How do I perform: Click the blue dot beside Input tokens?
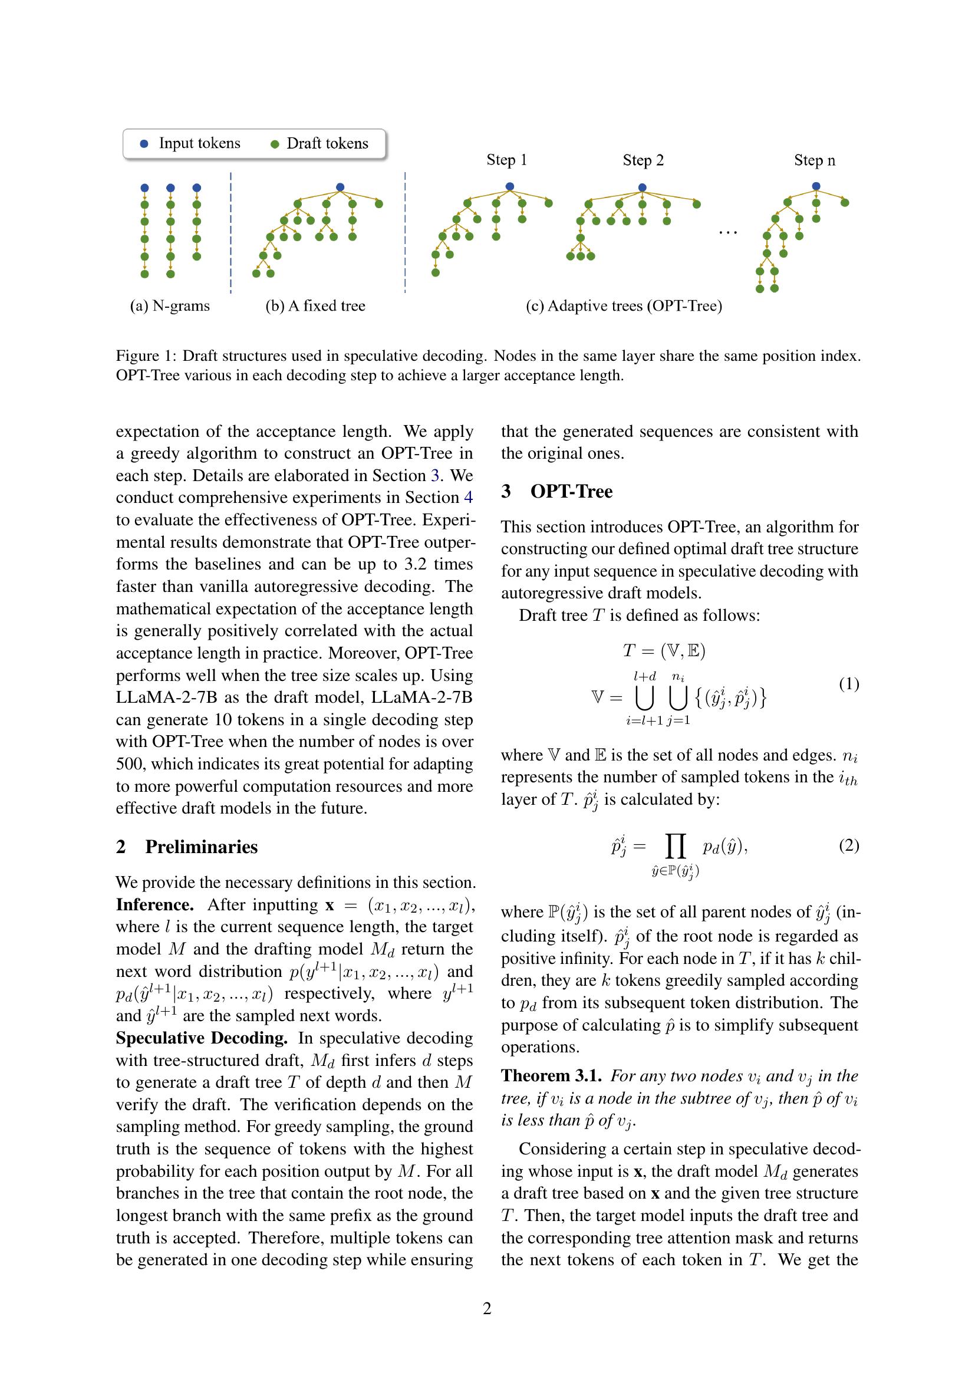click(143, 143)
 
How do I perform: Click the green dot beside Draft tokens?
click(275, 144)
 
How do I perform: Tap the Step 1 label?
click(507, 160)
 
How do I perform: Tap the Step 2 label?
click(643, 160)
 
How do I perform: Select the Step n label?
click(814, 160)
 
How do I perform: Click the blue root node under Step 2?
click(642, 187)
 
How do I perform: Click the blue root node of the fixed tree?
click(340, 187)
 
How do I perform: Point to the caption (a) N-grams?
click(170, 306)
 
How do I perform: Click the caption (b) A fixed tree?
click(315, 306)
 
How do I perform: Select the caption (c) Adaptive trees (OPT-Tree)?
click(624, 306)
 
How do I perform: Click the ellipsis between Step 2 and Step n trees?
click(727, 232)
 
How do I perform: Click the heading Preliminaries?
click(201, 847)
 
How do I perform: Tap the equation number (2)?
click(848, 845)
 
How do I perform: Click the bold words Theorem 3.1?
click(552, 1076)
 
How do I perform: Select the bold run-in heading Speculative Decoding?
click(202, 1038)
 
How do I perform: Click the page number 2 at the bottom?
click(487, 1308)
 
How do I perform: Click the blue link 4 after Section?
click(468, 498)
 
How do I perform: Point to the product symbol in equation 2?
click(676, 847)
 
